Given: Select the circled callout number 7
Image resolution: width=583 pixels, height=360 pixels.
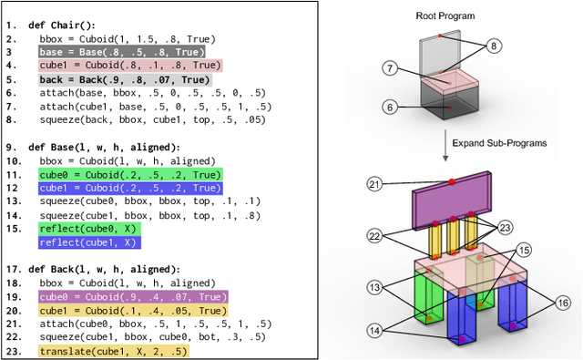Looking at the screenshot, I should [388, 68].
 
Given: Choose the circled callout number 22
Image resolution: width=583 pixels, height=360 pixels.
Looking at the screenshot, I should [373, 234].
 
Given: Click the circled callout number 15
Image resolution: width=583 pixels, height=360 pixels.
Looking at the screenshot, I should [524, 249].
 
